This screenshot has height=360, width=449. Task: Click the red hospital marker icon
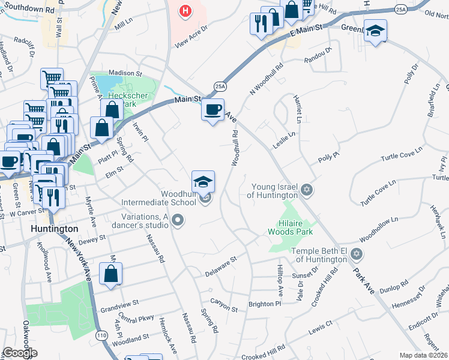click(186, 11)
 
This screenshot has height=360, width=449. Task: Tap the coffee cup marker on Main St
click(212, 109)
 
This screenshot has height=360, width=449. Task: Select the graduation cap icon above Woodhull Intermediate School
click(203, 181)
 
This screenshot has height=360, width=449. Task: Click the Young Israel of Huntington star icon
click(307, 190)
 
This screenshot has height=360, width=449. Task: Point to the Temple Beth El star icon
click(357, 254)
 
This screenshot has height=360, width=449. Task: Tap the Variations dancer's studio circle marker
click(177, 221)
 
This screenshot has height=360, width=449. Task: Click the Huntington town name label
click(55, 229)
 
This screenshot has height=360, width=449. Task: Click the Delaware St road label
click(221, 265)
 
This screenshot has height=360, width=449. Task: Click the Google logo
click(20, 353)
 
